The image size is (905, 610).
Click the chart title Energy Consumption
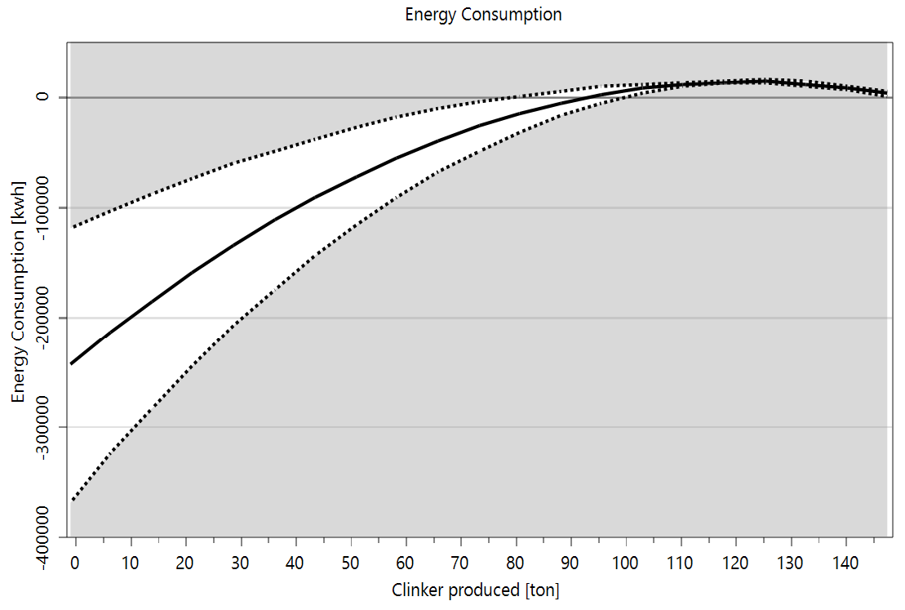coord(483,15)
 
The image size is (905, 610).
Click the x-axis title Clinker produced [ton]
coord(476,590)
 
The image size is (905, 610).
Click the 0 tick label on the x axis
coord(76,563)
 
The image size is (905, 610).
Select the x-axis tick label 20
coord(185,563)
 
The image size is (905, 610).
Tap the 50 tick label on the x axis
coord(350,563)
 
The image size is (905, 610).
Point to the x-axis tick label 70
coord(460,563)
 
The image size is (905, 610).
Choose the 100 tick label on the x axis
coord(625,563)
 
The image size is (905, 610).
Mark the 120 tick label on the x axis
coord(735,563)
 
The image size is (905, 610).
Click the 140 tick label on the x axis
coord(845,563)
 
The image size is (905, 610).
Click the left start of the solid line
coord(72,363)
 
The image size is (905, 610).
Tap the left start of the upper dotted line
coord(72,227)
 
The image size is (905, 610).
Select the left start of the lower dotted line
coord(72,500)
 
